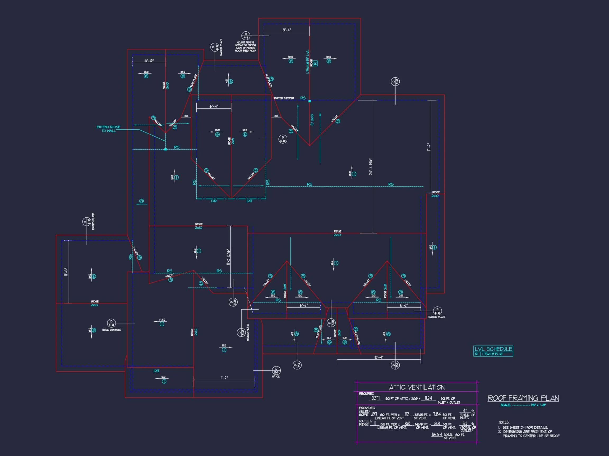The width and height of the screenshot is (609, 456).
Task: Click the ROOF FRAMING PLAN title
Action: point(523,398)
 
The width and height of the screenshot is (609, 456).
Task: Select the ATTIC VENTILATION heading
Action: point(417,387)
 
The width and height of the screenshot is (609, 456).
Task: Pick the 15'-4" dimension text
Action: point(379,357)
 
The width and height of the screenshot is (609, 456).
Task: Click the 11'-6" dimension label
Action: point(65,272)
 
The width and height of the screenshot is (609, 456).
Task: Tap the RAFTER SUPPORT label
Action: point(284,98)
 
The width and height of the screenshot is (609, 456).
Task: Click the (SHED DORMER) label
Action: point(112,330)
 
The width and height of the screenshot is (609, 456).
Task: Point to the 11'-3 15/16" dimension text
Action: point(228,257)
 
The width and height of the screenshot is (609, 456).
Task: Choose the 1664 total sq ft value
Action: point(437,435)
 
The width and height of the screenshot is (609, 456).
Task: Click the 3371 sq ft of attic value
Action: point(375,398)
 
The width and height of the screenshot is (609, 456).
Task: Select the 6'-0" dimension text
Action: point(149,61)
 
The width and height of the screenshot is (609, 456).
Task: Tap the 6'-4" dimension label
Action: point(214,106)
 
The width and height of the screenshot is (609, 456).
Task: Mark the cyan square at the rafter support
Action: point(310,101)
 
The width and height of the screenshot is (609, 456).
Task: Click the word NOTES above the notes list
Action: point(504,422)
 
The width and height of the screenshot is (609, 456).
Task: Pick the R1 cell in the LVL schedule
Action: point(477,354)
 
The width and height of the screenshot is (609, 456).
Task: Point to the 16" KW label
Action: point(275,377)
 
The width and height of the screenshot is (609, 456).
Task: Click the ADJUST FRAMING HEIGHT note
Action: point(246,46)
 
